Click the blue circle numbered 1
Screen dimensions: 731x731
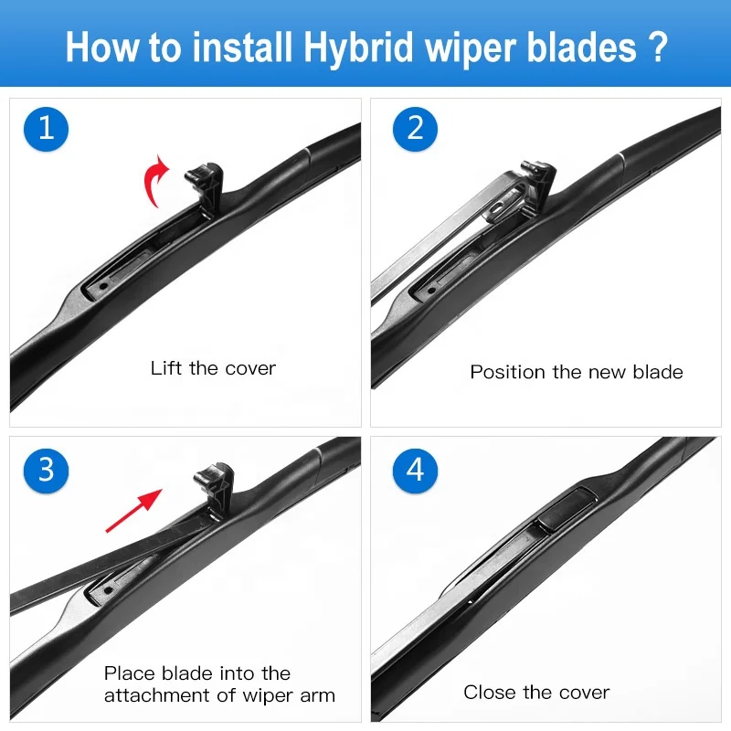tap(47, 128)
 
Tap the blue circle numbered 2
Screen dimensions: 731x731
tap(416, 128)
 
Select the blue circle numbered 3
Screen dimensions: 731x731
tap(47, 470)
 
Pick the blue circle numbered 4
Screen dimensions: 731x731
tap(416, 470)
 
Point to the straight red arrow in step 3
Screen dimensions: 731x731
tap(133, 510)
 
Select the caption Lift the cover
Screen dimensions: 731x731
tap(213, 368)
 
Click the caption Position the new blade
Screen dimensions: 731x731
tap(576, 372)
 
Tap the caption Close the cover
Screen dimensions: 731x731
tap(536, 693)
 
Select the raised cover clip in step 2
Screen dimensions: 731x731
tap(540, 179)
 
